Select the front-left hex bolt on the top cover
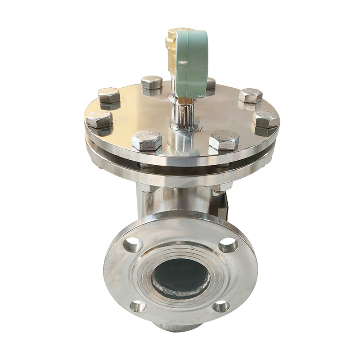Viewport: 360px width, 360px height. pyautogui.click(x=147, y=140)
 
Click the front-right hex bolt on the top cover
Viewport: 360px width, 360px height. pyautogui.click(x=224, y=140)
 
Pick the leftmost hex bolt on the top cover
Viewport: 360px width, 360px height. pyautogui.click(x=99, y=119)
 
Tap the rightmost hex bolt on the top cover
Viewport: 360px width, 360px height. pyautogui.click(x=266, y=119)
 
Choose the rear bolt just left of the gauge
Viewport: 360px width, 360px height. pyautogui.click(x=152, y=83)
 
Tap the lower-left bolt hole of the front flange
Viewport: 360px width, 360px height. pyautogui.click(x=138, y=306)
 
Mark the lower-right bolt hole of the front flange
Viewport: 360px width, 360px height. pyautogui.click(x=221, y=306)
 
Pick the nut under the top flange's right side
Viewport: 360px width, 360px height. pyautogui.click(x=220, y=189)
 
